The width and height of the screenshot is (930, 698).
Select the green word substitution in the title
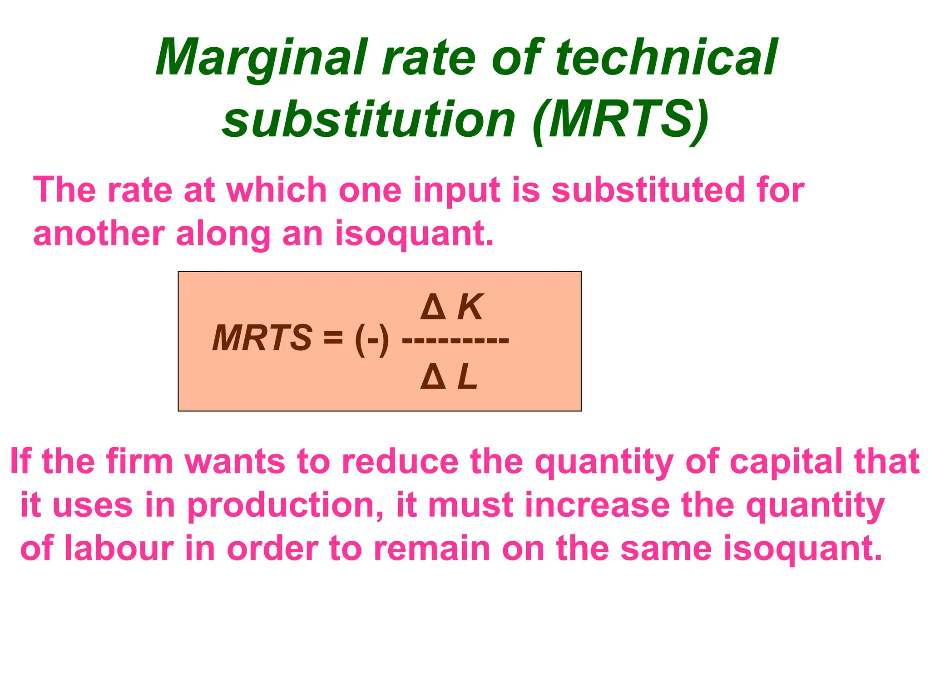point(368,120)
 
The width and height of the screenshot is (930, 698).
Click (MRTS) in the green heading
point(620,120)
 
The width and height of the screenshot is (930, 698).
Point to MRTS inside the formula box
point(262,338)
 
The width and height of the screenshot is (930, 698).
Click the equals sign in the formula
point(333,338)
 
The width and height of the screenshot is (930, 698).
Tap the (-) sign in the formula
point(372,339)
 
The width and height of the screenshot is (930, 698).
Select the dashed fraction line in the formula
point(455,340)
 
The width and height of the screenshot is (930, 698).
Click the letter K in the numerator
point(470,307)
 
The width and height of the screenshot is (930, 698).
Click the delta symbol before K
point(433,307)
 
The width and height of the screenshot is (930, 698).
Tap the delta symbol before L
point(433,377)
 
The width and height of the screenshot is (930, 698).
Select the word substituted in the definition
point(648,190)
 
